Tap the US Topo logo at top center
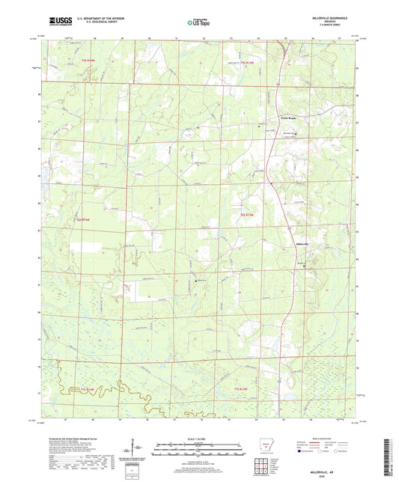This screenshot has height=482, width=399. pos(198,22)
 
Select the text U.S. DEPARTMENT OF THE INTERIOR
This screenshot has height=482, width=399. pos(105,19)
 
